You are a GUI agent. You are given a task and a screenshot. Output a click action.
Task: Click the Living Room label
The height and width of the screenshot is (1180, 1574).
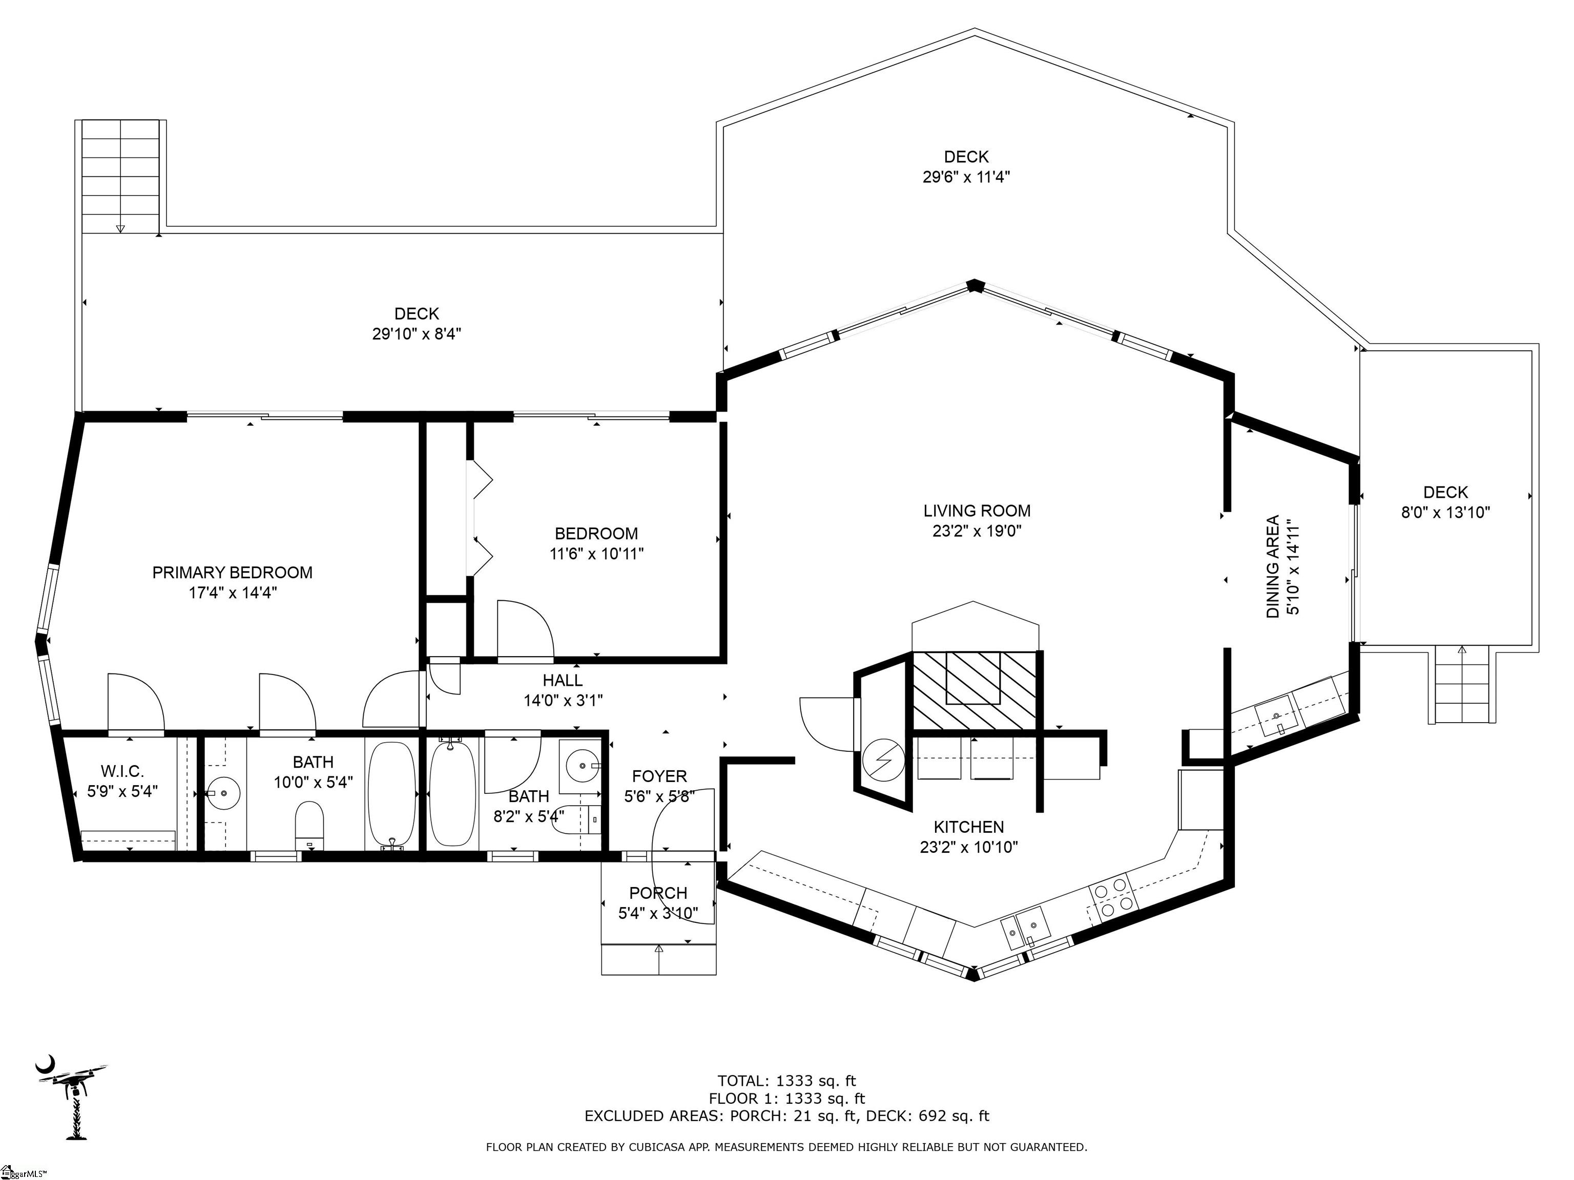(976, 511)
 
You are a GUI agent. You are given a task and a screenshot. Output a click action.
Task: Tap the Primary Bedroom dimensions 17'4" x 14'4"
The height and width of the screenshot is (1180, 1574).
(233, 593)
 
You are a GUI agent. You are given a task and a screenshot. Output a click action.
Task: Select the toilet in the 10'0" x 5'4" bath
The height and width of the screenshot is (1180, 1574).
(309, 825)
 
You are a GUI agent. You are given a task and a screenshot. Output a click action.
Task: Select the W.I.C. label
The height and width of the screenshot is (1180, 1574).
(122, 771)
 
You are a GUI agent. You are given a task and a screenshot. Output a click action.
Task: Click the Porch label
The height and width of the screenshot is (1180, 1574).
(657, 893)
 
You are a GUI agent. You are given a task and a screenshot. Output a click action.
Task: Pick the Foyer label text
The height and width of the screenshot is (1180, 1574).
(659, 776)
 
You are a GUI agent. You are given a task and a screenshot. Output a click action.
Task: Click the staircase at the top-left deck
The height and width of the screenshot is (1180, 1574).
(120, 176)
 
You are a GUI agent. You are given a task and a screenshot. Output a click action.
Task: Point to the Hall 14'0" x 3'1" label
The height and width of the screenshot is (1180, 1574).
(563, 690)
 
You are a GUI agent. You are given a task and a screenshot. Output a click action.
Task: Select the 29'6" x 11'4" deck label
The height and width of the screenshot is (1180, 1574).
(966, 166)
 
